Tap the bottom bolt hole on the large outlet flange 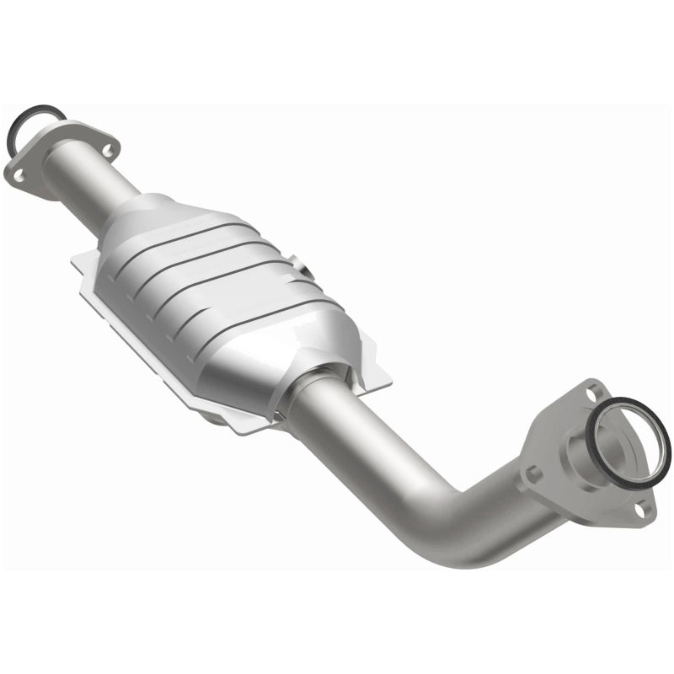pyautogui.click(x=642, y=509)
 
